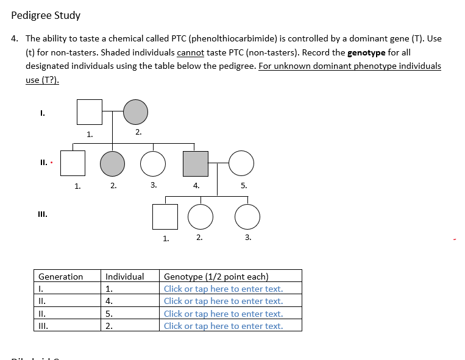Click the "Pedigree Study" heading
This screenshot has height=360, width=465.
click(x=46, y=15)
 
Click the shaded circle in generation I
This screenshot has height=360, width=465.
click(x=136, y=111)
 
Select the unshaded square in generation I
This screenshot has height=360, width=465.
click(x=89, y=111)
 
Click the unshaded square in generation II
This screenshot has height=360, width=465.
click(x=73, y=163)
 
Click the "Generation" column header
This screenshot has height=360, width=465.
click(x=60, y=277)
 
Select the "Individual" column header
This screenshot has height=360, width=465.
click(x=124, y=277)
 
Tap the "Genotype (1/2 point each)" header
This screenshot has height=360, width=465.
click(x=216, y=277)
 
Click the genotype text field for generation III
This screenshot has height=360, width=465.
click(x=223, y=326)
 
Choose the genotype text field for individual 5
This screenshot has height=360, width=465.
click(x=223, y=314)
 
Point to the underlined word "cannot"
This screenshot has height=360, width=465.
click(x=190, y=52)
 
